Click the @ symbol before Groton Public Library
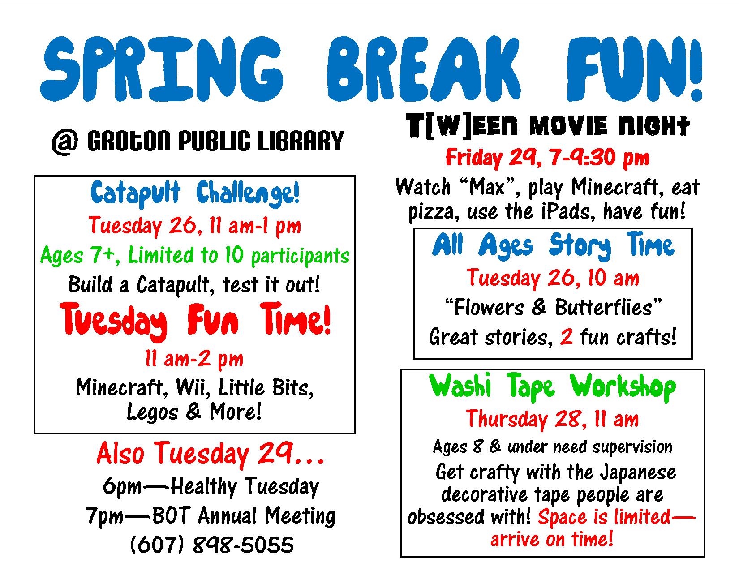(x=64, y=142)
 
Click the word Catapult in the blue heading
(x=135, y=193)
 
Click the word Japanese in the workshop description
(x=638, y=473)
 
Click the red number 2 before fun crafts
(x=567, y=337)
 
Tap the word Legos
(x=152, y=412)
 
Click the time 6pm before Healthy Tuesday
(x=122, y=487)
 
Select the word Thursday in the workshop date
(x=507, y=420)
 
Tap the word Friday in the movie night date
(x=474, y=158)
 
